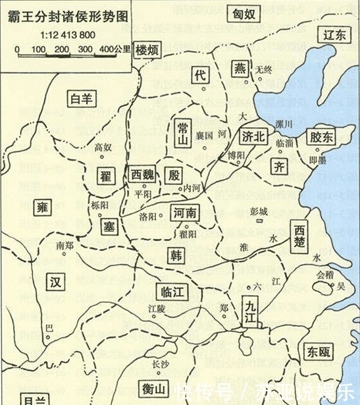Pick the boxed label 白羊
click(82, 99)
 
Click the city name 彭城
click(260, 212)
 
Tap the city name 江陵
click(158, 308)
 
